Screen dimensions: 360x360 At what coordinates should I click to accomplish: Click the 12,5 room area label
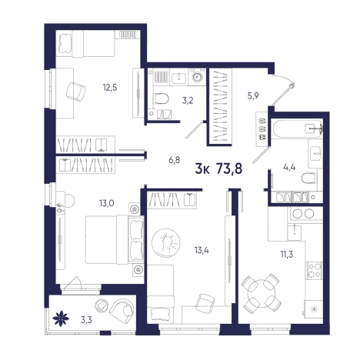[110, 88]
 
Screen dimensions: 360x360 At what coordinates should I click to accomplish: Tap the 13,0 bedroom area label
[107, 203]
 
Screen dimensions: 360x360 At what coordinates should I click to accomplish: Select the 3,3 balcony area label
[86, 320]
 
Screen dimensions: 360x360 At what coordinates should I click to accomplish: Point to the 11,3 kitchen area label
[286, 255]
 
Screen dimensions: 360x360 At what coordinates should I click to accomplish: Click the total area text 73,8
[229, 169]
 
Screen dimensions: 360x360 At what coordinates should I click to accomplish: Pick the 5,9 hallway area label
[253, 96]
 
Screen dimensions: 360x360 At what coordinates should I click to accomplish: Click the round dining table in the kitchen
[262, 292]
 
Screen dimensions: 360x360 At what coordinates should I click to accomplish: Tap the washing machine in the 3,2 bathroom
[197, 76]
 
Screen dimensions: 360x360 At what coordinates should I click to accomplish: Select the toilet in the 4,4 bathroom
[309, 178]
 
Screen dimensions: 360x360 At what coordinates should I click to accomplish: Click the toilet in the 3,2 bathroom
[161, 98]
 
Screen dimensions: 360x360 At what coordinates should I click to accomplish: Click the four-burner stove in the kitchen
[315, 271]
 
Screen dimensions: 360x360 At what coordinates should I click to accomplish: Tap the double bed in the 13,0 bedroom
[115, 240]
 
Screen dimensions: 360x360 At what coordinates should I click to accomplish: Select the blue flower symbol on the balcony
[61, 318]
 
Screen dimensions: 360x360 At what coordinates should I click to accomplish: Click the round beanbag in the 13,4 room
[166, 243]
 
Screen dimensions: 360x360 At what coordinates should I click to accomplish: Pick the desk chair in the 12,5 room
[75, 92]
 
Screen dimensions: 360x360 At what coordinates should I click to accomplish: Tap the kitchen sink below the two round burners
[295, 232]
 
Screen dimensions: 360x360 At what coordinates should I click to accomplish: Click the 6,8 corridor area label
[175, 161]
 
